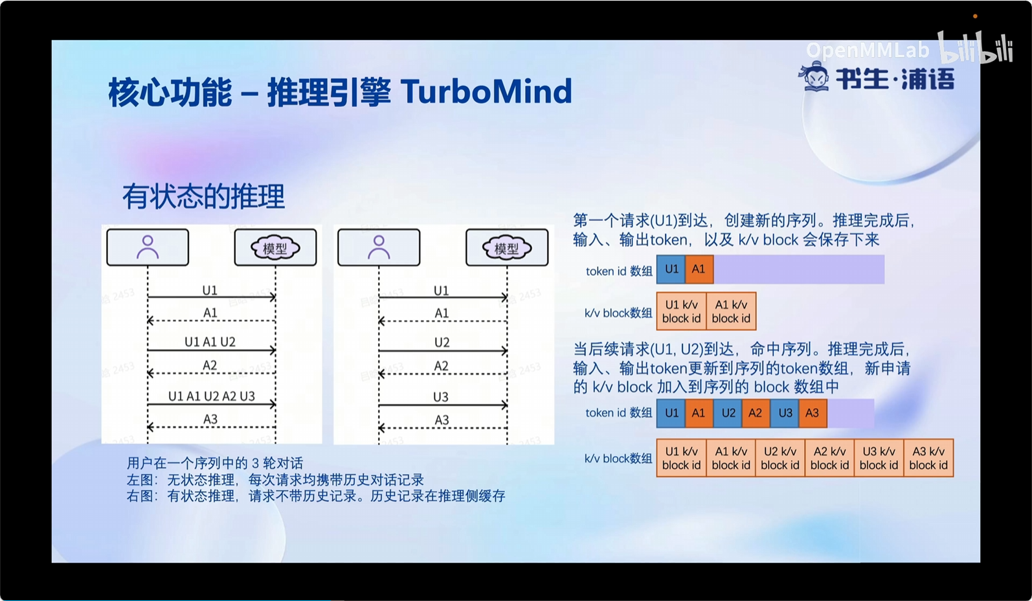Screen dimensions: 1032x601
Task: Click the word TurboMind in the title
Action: pyautogui.click(x=486, y=91)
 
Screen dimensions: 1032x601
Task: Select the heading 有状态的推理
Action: pyautogui.click(x=204, y=196)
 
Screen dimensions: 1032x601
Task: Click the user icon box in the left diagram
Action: pyautogui.click(x=148, y=247)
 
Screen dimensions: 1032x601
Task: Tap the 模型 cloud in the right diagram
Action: pyautogui.click(x=506, y=249)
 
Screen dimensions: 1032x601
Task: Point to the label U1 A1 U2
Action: pyautogui.click(x=210, y=342)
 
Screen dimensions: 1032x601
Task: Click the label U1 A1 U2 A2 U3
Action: pyautogui.click(x=212, y=396)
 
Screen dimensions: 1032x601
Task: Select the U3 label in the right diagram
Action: pyautogui.click(x=441, y=397)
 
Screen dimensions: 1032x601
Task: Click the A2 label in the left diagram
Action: pyautogui.click(x=210, y=365)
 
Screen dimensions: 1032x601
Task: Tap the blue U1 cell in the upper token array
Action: pyautogui.click(x=671, y=269)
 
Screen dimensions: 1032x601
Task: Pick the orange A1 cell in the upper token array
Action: pyautogui.click(x=699, y=269)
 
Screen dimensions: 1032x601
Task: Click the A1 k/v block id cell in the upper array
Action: pyautogui.click(x=731, y=311)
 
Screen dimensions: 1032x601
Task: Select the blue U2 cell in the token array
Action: pyautogui.click(x=728, y=413)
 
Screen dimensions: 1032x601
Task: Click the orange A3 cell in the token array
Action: pyautogui.click(x=813, y=413)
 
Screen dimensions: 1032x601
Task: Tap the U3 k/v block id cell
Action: pyautogui.click(x=879, y=458)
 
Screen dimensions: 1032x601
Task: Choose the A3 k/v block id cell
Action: pyautogui.click(x=928, y=458)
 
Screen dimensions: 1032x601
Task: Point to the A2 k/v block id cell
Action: pyautogui.click(x=829, y=458)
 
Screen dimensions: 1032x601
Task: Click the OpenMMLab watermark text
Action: pyautogui.click(x=868, y=50)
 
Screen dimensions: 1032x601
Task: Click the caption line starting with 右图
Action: pyautogui.click(x=316, y=496)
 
